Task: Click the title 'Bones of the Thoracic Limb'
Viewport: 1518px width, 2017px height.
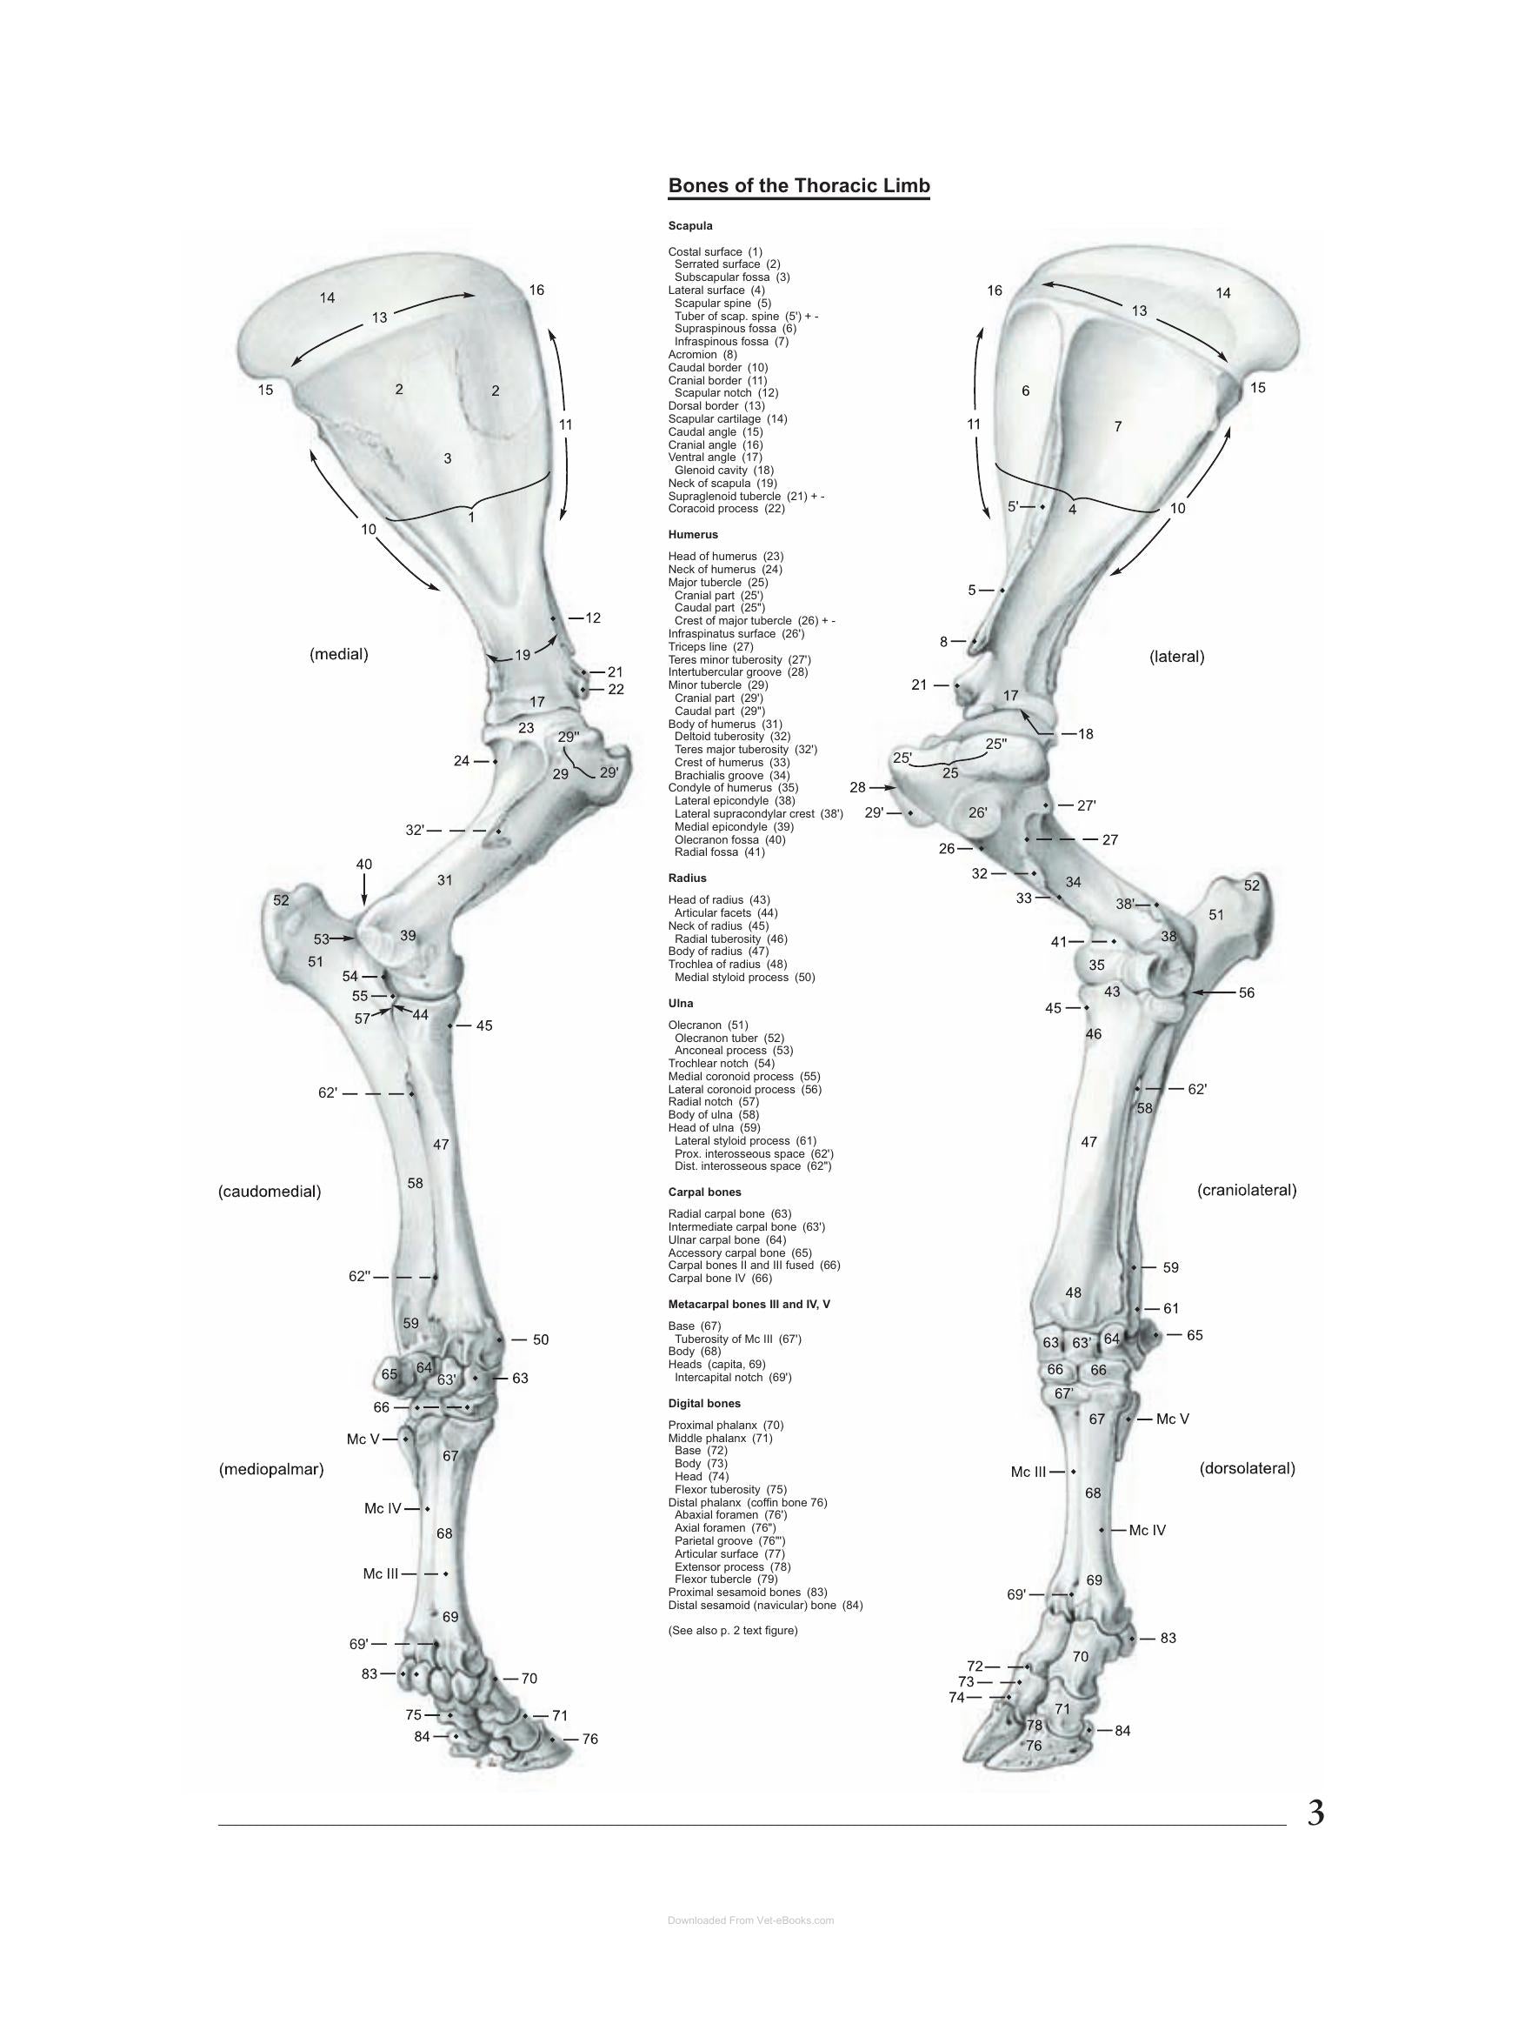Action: [799, 186]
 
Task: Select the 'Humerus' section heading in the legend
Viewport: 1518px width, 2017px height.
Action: [693, 534]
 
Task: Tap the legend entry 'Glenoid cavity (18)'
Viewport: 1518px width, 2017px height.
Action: [724, 471]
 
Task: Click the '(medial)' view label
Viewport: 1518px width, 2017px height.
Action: [339, 654]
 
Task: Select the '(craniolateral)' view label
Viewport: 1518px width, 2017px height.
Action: [1247, 1190]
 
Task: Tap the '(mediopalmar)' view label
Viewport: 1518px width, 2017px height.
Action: [271, 1469]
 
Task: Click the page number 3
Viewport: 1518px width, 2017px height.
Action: [1315, 1813]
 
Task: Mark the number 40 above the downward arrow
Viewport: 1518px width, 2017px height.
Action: [363, 865]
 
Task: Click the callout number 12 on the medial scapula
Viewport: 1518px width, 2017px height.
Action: [593, 618]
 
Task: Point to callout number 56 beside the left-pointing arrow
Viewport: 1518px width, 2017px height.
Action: [1247, 993]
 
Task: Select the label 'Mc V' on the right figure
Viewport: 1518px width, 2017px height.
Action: [1173, 1419]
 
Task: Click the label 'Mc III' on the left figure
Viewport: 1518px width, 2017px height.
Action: [380, 1573]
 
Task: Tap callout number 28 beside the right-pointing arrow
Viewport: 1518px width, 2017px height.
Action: [857, 787]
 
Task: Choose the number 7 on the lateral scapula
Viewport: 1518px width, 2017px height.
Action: [1118, 427]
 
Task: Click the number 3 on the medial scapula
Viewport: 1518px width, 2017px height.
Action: [448, 458]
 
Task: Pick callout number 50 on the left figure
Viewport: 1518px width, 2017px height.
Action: [541, 1339]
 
